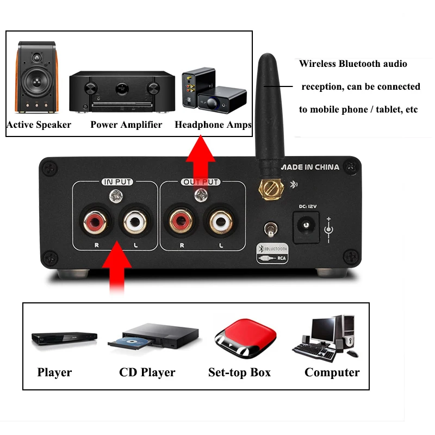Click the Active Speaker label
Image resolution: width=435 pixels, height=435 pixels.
pos(39,125)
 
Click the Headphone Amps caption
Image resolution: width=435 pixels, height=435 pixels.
pos(213,125)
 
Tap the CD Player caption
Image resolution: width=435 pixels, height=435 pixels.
pos(147,372)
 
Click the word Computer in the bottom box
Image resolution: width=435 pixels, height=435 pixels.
pos(332,372)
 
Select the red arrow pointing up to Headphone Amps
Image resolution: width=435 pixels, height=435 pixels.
pos(201,160)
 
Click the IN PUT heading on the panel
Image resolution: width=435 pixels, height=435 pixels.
pos(116,182)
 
